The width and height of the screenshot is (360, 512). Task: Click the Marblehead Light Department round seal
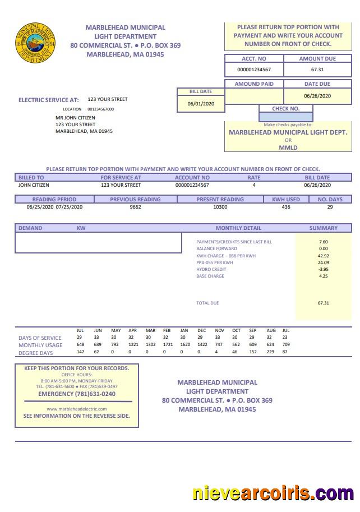pyautogui.click(x=35, y=42)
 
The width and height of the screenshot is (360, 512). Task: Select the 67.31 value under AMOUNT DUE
pyautogui.click(x=317, y=70)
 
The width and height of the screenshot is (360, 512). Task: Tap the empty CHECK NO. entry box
pyautogui.click(x=285, y=117)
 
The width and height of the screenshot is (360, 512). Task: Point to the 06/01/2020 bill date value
pyautogui.click(x=201, y=104)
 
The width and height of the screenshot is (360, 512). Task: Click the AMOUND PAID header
pyautogui.click(x=254, y=84)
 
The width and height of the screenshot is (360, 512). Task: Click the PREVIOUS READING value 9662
pyautogui.click(x=135, y=207)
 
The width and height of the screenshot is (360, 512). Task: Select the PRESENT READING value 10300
pyautogui.click(x=220, y=207)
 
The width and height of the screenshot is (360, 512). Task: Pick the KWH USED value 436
pyautogui.click(x=286, y=207)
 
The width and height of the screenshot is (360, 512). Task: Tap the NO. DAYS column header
pyautogui.click(x=330, y=199)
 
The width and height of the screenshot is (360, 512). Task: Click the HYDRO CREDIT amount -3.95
pyautogui.click(x=323, y=269)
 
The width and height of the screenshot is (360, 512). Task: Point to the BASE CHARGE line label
pyautogui.click(x=210, y=276)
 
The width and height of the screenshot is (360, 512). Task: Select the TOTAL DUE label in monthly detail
pyautogui.click(x=207, y=303)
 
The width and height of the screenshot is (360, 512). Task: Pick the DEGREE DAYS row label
pyautogui.click(x=36, y=353)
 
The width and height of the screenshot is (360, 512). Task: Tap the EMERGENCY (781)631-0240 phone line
pyautogui.click(x=77, y=394)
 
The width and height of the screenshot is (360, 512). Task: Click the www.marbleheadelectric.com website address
pyautogui.click(x=77, y=409)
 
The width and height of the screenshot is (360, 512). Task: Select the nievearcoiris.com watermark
pyautogui.click(x=273, y=493)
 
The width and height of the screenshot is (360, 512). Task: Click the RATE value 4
pyautogui.click(x=254, y=185)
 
